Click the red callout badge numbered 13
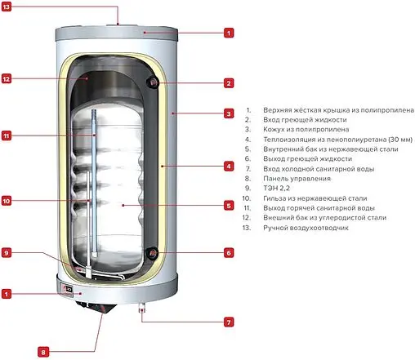[6, 7]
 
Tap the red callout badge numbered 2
[229, 83]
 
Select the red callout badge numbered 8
[43, 353]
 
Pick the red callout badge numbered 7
[229, 322]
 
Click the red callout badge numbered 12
[7, 79]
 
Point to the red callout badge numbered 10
[7, 201]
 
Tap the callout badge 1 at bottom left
[7, 294]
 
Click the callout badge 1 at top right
[229, 33]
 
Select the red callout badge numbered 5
[229, 206]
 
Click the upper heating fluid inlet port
[154, 82]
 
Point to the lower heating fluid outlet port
[153, 253]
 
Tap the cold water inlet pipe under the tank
[142, 309]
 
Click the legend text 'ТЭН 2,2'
[276, 189]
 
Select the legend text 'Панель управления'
[297, 179]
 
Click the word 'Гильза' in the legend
[274, 198]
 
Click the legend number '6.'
[248, 158]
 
